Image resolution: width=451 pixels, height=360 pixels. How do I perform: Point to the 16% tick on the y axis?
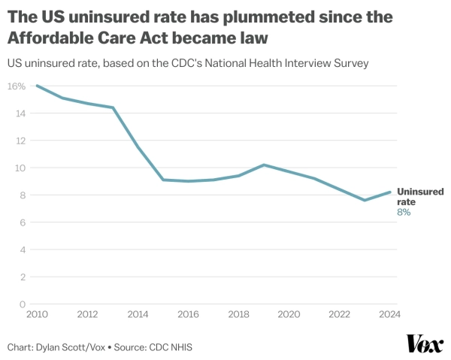tap(17, 86)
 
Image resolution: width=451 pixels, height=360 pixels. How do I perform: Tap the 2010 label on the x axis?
tap(36, 314)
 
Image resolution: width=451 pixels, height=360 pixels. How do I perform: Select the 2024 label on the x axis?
tap(389, 314)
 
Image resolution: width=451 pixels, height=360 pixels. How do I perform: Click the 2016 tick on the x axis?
tap(188, 314)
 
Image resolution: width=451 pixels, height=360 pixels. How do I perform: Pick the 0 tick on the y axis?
tap(23, 304)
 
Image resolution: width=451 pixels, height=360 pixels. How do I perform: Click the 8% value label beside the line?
tap(404, 213)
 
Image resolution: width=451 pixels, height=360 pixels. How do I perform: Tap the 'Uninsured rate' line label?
tap(419, 197)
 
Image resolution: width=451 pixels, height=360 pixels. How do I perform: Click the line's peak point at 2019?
tap(264, 165)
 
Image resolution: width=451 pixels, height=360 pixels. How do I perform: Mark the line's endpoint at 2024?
tap(390, 192)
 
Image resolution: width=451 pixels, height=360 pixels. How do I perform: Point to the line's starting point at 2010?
tap(36, 86)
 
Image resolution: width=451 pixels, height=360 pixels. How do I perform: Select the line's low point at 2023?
tap(365, 200)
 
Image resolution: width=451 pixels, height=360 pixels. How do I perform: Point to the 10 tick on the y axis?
tap(21, 168)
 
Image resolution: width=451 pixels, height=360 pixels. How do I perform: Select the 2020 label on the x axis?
tap(289, 314)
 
